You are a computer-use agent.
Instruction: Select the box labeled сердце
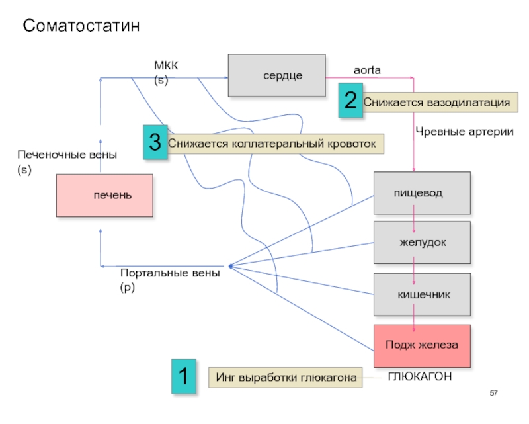(276, 75)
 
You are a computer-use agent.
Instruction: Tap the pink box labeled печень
(104, 195)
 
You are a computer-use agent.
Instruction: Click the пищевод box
(423, 193)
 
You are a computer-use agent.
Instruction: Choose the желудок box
(423, 242)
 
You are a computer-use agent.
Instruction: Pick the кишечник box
(423, 294)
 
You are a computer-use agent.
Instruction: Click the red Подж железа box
(423, 346)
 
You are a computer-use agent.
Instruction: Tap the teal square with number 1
(184, 377)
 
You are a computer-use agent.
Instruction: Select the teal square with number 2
(350, 101)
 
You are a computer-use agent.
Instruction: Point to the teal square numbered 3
(155, 142)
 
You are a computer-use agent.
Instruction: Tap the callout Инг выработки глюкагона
(286, 377)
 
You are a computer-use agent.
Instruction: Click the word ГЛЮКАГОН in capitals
(419, 376)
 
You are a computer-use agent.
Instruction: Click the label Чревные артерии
(464, 132)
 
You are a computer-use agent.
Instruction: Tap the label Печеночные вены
(67, 155)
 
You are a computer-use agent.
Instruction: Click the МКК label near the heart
(166, 65)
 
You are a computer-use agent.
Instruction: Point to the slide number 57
(493, 394)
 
